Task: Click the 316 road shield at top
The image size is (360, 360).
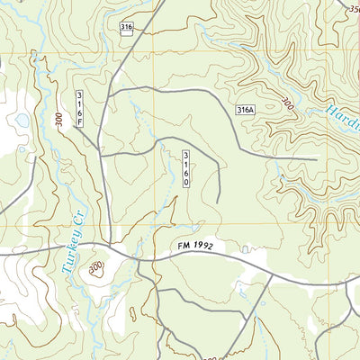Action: tap(126, 29)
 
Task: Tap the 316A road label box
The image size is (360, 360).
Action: tap(247, 110)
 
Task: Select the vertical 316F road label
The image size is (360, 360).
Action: tap(79, 109)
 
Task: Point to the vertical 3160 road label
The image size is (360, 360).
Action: tap(186, 168)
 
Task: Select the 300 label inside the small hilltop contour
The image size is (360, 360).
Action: tap(96, 267)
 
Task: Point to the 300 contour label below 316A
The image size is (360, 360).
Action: tap(286, 102)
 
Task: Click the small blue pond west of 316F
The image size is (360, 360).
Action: tap(21, 120)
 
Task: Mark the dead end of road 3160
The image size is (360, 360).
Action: tap(219, 202)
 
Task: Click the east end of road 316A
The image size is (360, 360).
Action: tap(318, 159)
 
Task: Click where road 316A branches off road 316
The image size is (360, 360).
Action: tap(109, 90)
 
